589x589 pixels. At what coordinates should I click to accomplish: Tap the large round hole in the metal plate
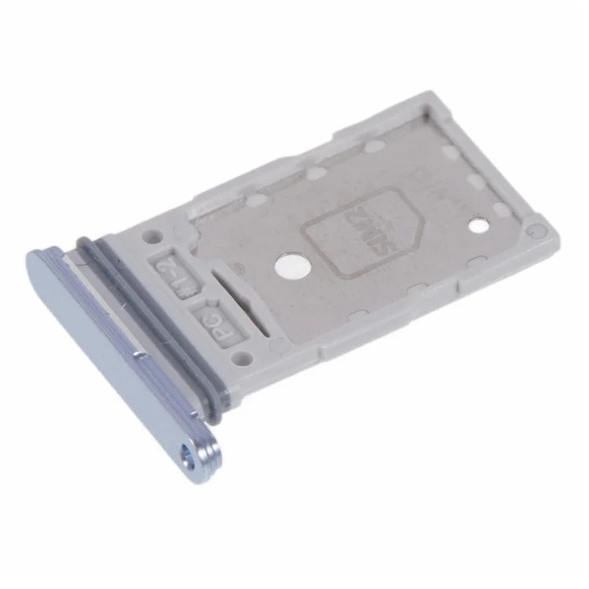[291, 266]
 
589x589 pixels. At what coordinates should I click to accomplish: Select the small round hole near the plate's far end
[477, 225]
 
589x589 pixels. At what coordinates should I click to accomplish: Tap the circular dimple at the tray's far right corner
[536, 232]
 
